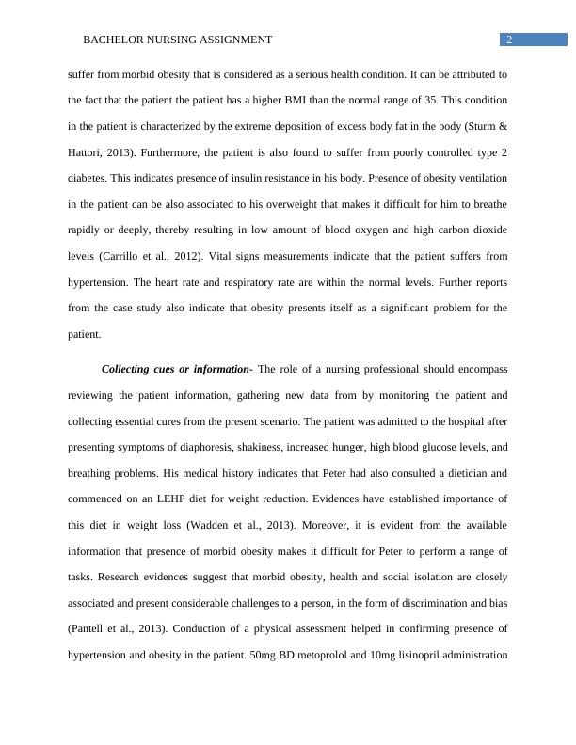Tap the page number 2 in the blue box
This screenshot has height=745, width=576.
pyautogui.click(x=509, y=40)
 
